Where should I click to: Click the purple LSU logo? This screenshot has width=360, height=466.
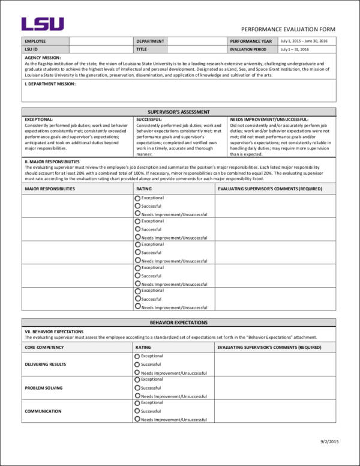(42, 24)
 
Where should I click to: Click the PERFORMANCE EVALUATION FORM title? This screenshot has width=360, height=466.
(288, 29)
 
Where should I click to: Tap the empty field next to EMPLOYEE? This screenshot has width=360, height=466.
(101, 41)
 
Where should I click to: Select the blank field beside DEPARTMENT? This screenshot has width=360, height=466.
(196, 41)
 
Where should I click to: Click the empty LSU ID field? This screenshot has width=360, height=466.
(101, 49)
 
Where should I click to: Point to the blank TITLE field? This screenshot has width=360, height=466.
(196, 49)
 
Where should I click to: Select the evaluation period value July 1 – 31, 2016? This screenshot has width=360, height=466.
(294, 49)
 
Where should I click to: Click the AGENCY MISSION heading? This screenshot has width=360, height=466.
(43, 57)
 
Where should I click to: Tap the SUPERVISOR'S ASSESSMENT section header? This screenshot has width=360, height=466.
(179, 112)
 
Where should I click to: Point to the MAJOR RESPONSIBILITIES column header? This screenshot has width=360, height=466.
(50, 189)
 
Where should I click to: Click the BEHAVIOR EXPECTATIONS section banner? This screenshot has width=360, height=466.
(179, 322)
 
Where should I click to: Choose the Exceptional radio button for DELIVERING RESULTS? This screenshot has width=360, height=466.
(137, 357)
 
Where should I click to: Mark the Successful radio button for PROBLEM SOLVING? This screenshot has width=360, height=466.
(137, 388)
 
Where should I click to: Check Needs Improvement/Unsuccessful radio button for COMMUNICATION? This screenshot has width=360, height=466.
(137, 420)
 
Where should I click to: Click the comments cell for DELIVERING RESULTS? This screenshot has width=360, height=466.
(275, 365)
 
